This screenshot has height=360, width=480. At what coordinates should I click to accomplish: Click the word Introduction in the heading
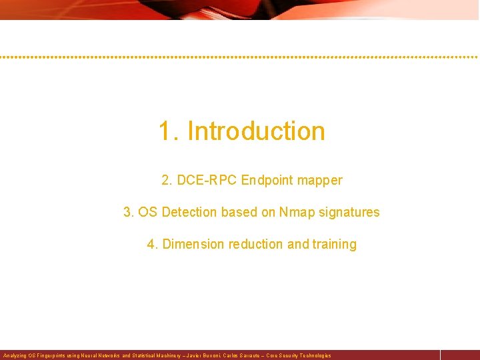257,131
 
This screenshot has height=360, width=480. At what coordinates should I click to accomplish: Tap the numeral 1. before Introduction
169,131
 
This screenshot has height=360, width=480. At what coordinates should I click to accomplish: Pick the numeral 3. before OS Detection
129,212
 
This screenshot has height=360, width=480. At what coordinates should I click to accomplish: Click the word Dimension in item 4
193,244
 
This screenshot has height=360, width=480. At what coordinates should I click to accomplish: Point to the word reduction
256,244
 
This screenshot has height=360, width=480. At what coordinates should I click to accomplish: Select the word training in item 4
333,245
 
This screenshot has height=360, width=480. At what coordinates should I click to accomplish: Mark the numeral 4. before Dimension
153,244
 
